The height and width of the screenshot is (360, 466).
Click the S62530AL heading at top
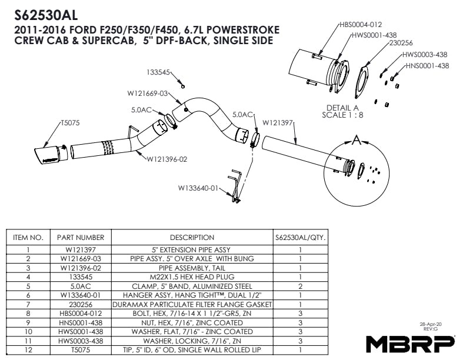click(x=46, y=15)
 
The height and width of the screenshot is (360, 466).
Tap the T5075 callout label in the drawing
click(x=71, y=123)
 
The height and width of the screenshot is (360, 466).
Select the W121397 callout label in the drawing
click(x=278, y=122)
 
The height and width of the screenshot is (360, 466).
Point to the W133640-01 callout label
click(x=198, y=188)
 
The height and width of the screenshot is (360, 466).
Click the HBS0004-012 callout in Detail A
click(x=361, y=25)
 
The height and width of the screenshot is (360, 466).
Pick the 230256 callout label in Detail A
click(x=401, y=43)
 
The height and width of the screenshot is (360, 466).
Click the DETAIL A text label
click(x=342, y=108)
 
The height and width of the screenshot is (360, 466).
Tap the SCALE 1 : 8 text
click(x=342, y=115)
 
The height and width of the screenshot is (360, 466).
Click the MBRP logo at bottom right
click(x=410, y=344)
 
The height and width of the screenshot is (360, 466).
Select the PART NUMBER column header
click(x=81, y=238)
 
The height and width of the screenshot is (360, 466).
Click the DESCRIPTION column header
click(x=192, y=238)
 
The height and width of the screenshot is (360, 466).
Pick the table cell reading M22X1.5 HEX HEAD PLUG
click(x=192, y=277)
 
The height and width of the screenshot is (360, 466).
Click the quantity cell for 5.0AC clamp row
click(x=301, y=286)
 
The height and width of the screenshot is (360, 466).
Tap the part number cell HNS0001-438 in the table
click(x=81, y=322)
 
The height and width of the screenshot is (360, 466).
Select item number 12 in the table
click(x=28, y=350)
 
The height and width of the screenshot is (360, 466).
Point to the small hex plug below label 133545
click(x=183, y=86)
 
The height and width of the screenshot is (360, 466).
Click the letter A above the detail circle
click(x=357, y=140)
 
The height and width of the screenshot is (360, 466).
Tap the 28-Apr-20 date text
click(x=430, y=324)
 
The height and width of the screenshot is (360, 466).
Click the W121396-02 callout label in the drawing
click(x=167, y=159)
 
